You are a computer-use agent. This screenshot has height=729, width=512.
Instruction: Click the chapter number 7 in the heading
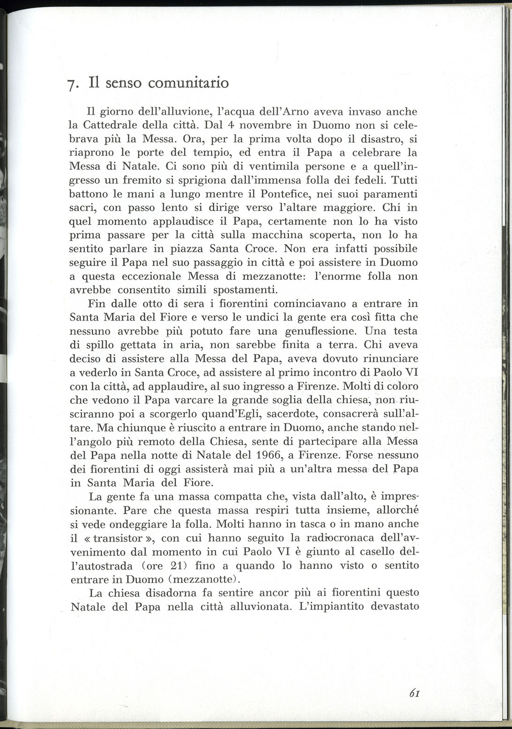click(x=70, y=85)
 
